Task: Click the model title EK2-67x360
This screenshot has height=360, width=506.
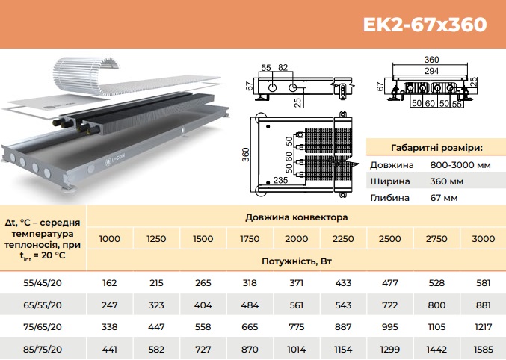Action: pyautogui.click(x=425, y=24)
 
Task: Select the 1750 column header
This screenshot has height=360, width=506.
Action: pyautogui.click(x=250, y=239)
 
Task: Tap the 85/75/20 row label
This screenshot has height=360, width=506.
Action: pyautogui.click(x=43, y=349)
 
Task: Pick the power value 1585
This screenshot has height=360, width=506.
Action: pyautogui.click(x=483, y=349)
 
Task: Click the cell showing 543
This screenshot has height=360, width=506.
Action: pyautogui.click(x=343, y=305)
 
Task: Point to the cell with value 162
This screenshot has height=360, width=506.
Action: pyautogui.click(x=109, y=283)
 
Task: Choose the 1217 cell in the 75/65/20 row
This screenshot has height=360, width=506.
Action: pyautogui.click(x=483, y=327)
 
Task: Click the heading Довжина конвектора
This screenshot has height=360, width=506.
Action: pyautogui.click(x=296, y=217)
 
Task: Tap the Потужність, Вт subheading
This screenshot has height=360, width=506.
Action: pyautogui.click(x=296, y=261)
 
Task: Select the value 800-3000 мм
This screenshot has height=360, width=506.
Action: pyautogui.click(x=460, y=165)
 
